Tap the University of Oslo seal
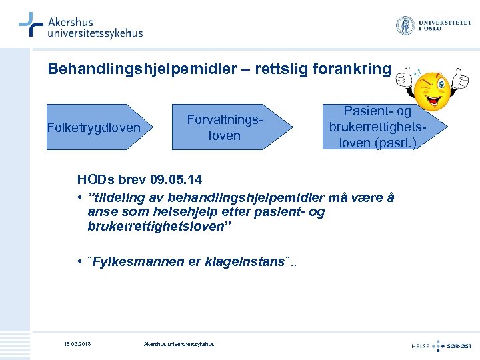[x=405, y=26]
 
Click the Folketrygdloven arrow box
[x=96, y=127]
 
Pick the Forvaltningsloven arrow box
[x=231, y=127]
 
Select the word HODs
[x=95, y=180]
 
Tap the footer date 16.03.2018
[x=77, y=344]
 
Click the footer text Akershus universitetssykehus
[x=179, y=344]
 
